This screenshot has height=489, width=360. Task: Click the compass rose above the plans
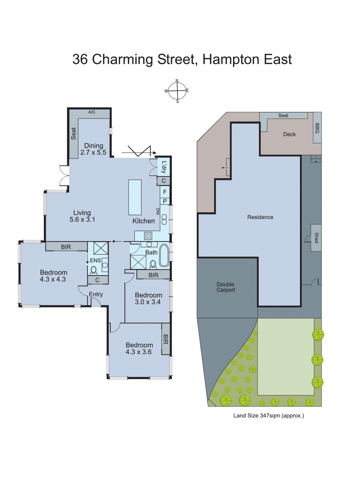pos(177,91)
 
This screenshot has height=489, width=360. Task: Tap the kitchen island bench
pos(135,197)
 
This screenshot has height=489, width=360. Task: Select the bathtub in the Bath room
pos(164,255)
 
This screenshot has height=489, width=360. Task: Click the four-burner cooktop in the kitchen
pos(148,236)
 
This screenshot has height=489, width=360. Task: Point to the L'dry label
pos(164,167)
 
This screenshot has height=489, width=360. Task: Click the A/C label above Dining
pos(92,112)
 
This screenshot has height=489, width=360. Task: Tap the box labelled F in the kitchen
pos(165,192)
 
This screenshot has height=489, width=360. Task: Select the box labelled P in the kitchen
pos(165,201)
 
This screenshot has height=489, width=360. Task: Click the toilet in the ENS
pos(93,270)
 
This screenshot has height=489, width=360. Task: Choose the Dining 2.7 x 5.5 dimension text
pos(93,153)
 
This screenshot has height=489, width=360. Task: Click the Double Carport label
pos(226,287)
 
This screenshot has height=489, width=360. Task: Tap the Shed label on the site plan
pos(316,238)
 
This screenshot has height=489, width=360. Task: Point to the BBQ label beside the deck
pos(317,128)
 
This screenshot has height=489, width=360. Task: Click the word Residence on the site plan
pos(260,217)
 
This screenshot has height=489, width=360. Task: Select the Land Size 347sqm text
pos(268,416)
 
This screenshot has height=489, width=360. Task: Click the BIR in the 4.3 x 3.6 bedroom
pos(165,339)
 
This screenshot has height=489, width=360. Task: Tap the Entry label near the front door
pos(96,294)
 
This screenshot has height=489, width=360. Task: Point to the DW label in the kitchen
pos(158,211)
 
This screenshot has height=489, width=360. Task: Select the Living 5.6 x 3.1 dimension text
pos(82,219)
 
